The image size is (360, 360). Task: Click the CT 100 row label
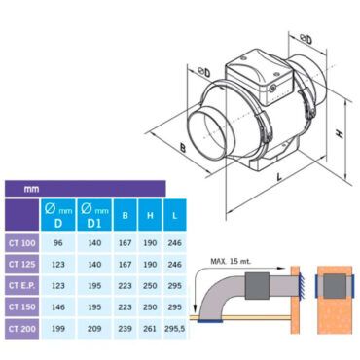(x=22, y=243)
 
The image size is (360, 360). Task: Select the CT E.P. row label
(x=21, y=286)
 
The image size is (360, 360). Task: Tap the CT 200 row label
(x=22, y=329)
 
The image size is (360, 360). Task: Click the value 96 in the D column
(x=58, y=243)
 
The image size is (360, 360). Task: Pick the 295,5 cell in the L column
(x=175, y=329)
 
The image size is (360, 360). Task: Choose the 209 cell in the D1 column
(x=94, y=329)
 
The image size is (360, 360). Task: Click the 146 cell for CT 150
(x=58, y=307)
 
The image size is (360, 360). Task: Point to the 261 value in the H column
(x=150, y=329)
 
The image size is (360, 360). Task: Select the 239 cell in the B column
(x=125, y=329)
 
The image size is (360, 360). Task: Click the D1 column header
(x=94, y=215)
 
